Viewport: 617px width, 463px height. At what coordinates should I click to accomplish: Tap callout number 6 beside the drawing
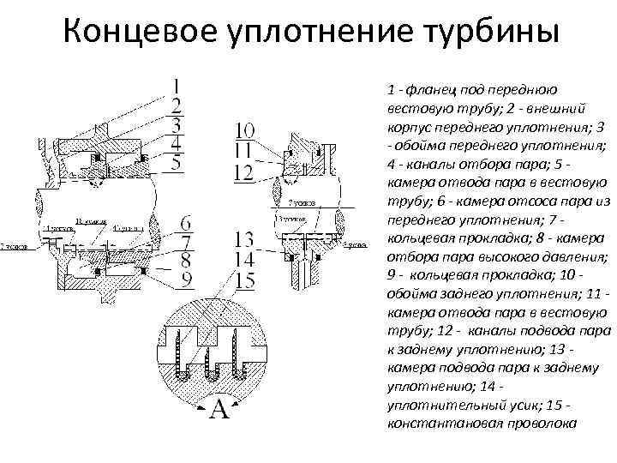186,223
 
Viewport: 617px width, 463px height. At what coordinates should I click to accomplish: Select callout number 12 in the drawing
244,171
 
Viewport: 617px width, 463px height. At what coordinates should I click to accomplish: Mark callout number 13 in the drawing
244,239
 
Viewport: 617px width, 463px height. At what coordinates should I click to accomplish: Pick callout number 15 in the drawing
244,279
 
